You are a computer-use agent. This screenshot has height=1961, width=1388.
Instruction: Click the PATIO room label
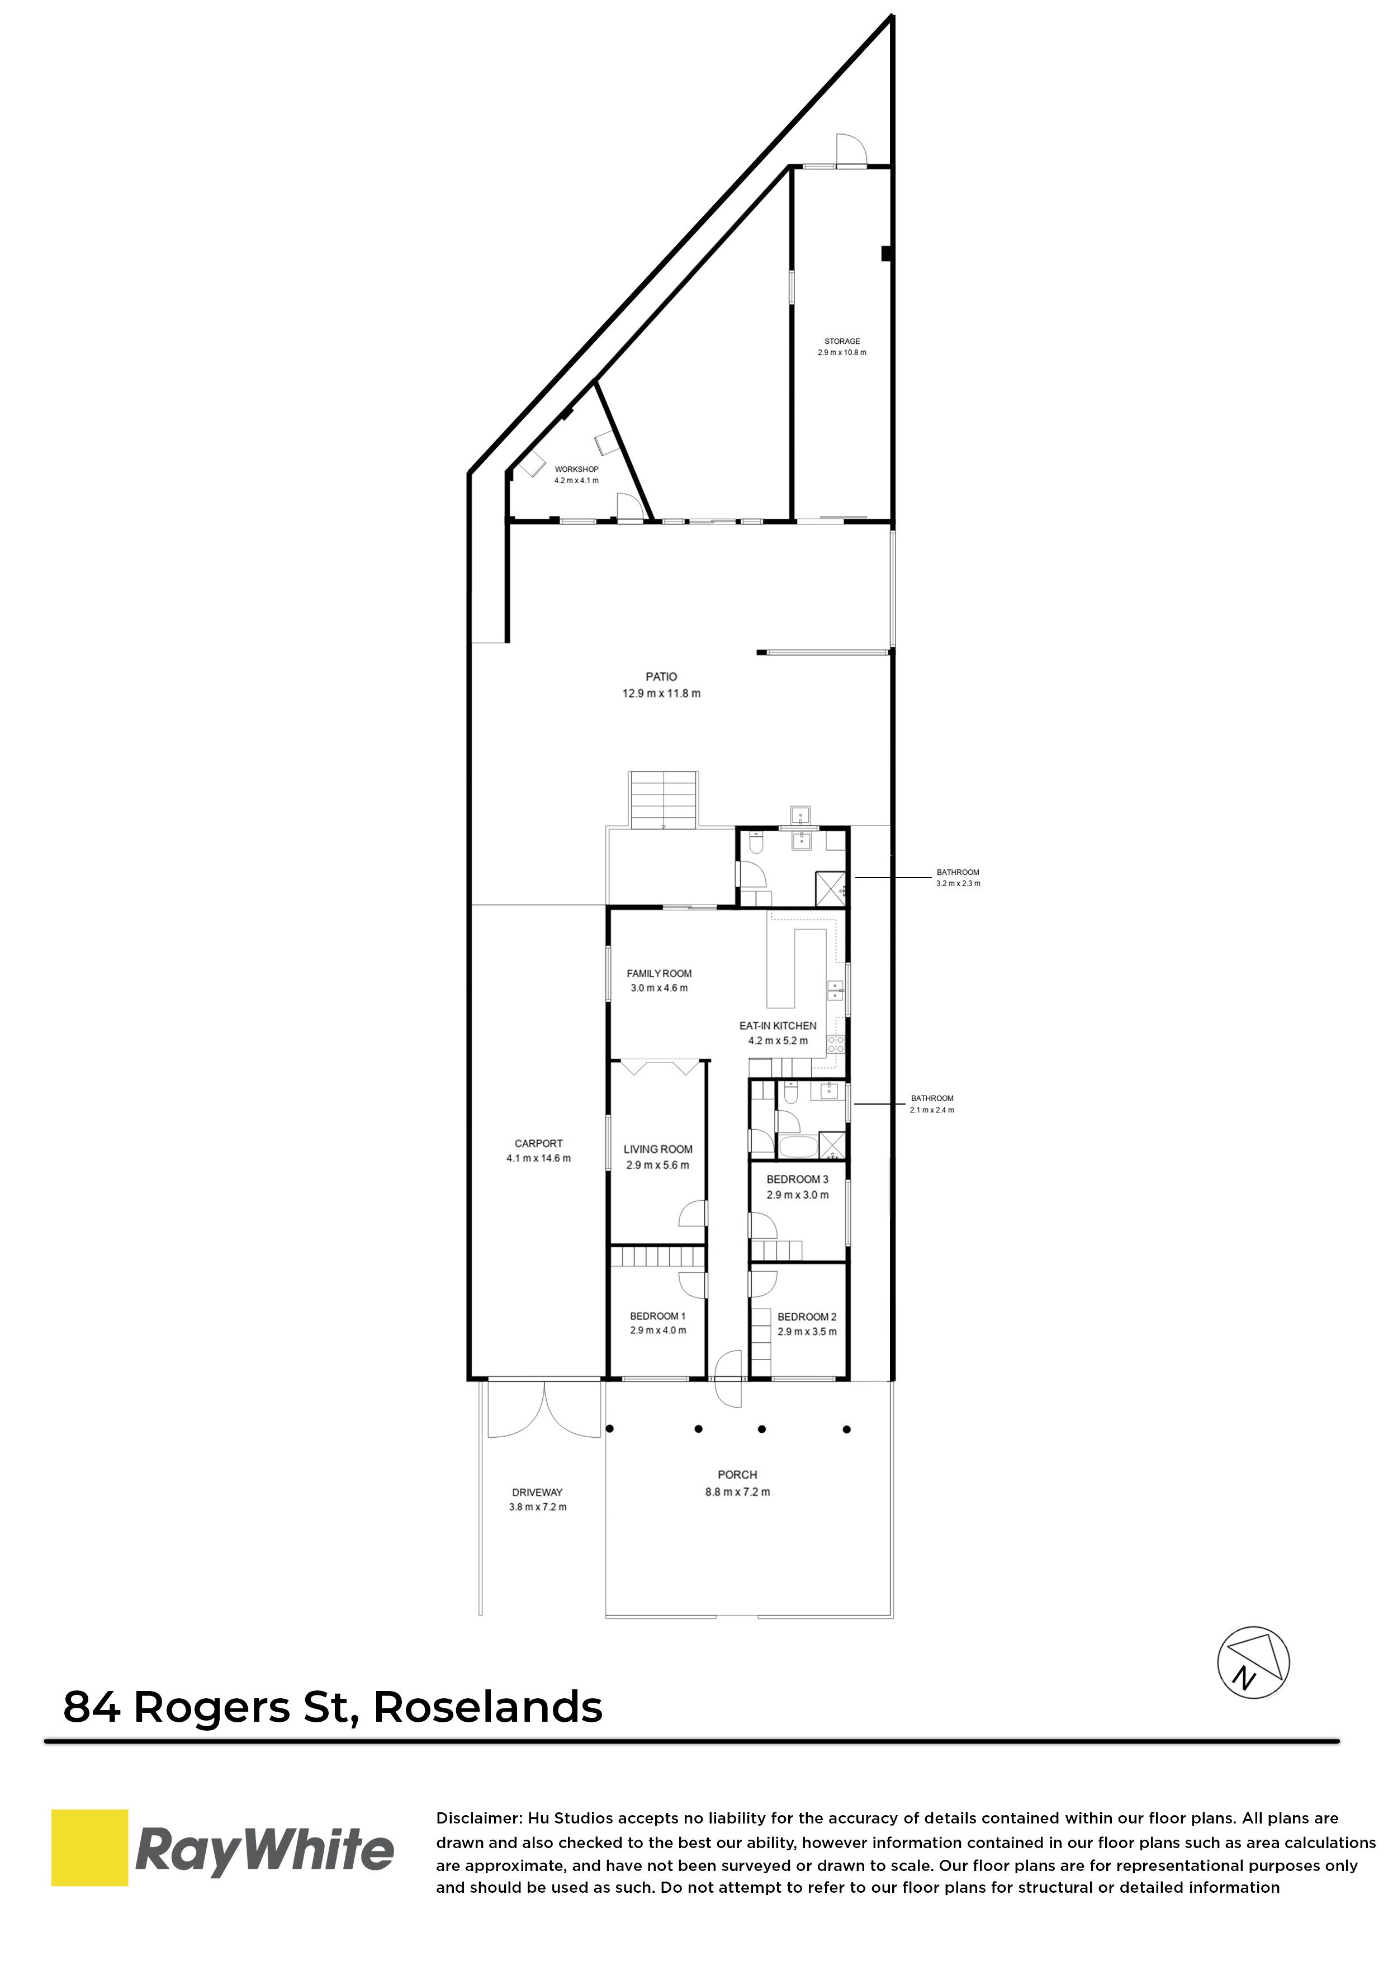click(x=661, y=677)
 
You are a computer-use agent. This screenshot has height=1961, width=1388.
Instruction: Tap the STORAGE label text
click(x=842, y=342)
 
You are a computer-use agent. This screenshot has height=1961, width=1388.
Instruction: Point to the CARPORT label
click(x=538, y=1143)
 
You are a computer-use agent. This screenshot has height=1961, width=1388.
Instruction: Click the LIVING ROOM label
click(x=658, y=1149)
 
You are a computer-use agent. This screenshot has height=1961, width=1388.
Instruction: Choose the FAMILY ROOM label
click(x=659, y=973)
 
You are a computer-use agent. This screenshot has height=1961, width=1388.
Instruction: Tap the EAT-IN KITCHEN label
click(x=778, y=1025)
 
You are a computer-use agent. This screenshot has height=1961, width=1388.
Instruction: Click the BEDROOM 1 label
click(x=657, y=1316)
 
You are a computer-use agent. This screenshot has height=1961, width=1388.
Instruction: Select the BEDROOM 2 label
click(x=807, y=1316)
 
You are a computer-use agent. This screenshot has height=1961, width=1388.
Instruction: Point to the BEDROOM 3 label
click(x=798, y=1179)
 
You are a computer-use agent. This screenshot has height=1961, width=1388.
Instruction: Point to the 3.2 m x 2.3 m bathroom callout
click(x=958, y=878)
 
